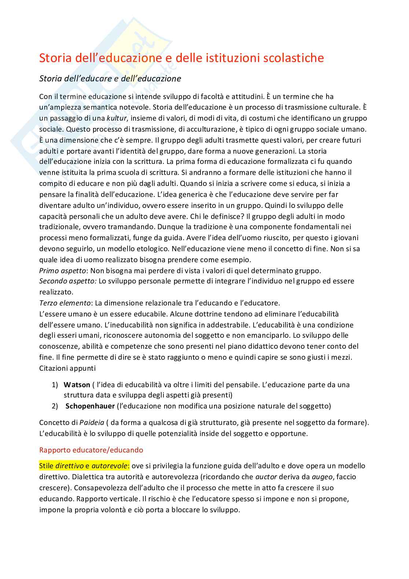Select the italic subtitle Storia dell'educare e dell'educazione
pos(110,78)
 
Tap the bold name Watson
pos(77,385)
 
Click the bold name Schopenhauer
pos(90,406)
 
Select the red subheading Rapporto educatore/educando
pos(91,450)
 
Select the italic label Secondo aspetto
pos(68,282)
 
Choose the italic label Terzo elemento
pos(65,303)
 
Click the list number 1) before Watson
pos(55,385)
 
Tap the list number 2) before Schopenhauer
pos(55,406)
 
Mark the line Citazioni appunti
pos(67,368)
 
